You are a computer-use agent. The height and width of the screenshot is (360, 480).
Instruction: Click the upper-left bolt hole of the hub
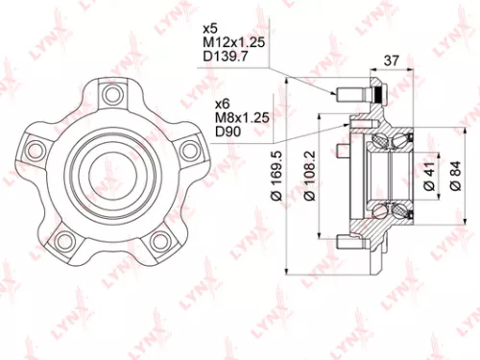[39, 148]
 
